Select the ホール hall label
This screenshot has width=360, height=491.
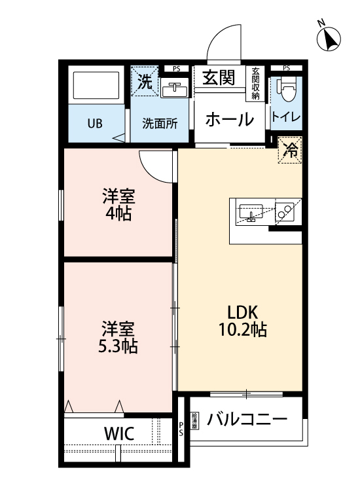pyautogui.click(x=228, y=120)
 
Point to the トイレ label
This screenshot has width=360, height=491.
pyautogui.click(x=287, y=118)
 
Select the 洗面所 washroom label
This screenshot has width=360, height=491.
pyautogui.click(x=160, y=123)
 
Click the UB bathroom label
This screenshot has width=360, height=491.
pyautogui.click(x=96, y=123)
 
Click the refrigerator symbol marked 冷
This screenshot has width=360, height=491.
pyautogui.click(x=290, y=150)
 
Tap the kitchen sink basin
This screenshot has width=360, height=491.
pyautogui.click(x=250, y=212)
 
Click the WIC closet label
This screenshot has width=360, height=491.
pyautogui.click(x=118, y=433)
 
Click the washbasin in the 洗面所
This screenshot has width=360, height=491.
pyautogui.click(x=175, y=88)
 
